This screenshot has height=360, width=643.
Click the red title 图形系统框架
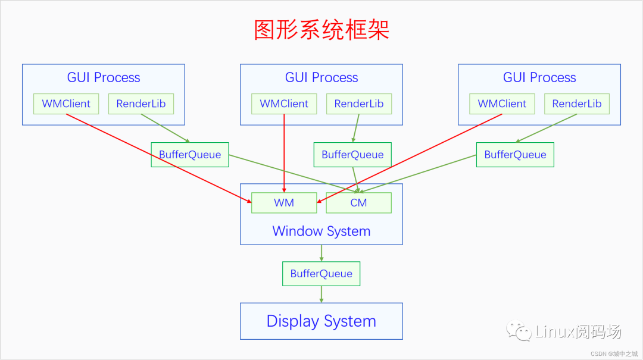pyautogui.click(x=321, y=30)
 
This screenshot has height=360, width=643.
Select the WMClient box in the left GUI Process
pyautogui.click(x=66, y=104)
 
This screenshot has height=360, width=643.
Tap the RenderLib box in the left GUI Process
pyautogui.click(x=141, y=104)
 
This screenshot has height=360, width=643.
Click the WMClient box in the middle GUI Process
pyautogui.click(x=284, y=104)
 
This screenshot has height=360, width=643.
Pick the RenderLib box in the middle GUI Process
pyautogui.click(x=359, y=104)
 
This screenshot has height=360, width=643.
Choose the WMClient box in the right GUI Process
pyautogui.click(x=502, y=104)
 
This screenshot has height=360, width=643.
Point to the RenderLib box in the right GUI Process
pyautogui.click(x=577, y=104)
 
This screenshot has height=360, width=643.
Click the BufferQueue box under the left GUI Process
pyautogui.click(x=190, y=155)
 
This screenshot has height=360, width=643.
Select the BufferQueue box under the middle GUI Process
pyautogui.click(x=352, y=155)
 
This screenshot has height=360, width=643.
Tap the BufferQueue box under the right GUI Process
pyautogui.click(x=515, y=155)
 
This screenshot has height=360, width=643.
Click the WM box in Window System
pyautogui.click(x=284, y=203)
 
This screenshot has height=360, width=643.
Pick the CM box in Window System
pyautogui.click(x=358, y=203)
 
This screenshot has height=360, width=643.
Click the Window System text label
pyautogui.click(x=321, y=231)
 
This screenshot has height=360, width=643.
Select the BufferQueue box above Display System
pyautogui.click(x=321, y=274)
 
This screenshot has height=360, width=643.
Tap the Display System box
pyautogui.click(x=321, y=321)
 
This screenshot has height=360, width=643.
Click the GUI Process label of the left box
pyautogui.click(x=104, y=77)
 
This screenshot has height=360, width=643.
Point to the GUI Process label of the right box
pyautogui.click(x=539, y=77)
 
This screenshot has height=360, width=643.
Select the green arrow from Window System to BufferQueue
pyautogui.click(x=321, y=253)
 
